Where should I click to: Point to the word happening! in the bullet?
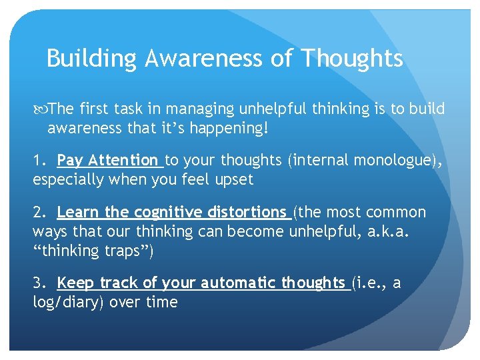coord(235,127)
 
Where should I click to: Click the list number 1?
coord(38,160)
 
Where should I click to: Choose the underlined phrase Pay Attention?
coord(108,160)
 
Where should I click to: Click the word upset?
coord(233,179)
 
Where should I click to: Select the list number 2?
coord(39,213)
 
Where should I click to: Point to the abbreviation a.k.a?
coord(410,231)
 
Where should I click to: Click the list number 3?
coord(39,283)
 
